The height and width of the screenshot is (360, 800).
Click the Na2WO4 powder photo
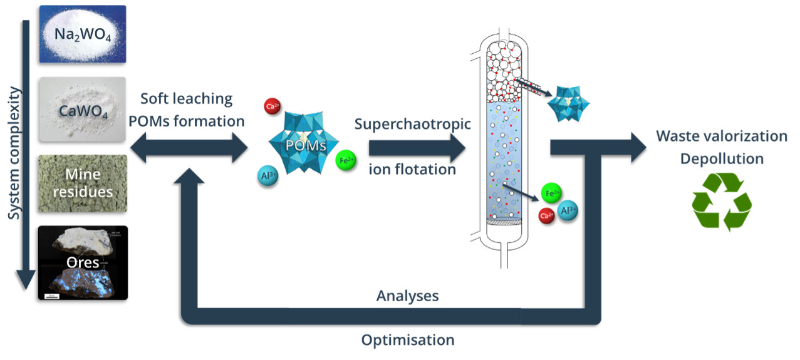82,34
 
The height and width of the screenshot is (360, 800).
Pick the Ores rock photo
83,262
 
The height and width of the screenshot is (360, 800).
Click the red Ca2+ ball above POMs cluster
272,106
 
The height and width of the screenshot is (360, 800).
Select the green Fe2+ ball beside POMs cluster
346,160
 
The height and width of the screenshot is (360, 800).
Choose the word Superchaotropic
412,123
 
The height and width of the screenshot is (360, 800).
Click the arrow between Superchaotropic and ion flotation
417,148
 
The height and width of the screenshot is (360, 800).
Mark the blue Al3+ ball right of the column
568,210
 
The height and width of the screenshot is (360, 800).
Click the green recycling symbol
721,201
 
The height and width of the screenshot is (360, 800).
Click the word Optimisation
407,341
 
